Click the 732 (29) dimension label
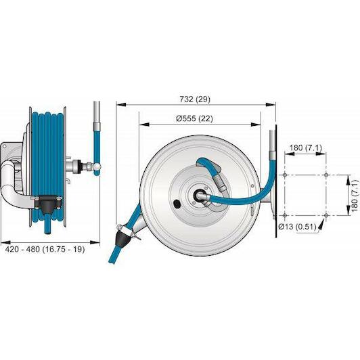tap(195, 99)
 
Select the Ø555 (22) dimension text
tap(194, 118)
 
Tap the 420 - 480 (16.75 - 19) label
tap(45, 249)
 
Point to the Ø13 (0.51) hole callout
tap(297, 227)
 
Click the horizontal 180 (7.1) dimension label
tap(306, 148)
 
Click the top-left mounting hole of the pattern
tap(285, 175)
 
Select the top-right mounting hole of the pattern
tap(326, 175)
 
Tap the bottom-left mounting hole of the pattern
tap(285, 215)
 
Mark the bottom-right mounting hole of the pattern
tap(326, 215)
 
